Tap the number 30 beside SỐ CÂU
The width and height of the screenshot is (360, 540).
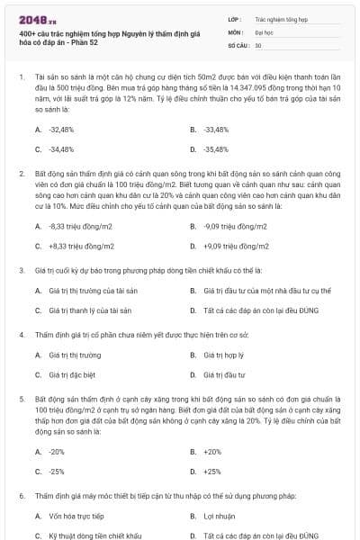point(258,44)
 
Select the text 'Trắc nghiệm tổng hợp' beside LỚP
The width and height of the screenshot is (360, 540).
point(280,18)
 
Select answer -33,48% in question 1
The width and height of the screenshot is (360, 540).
point(217,130)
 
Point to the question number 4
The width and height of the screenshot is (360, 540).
point(21,335)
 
